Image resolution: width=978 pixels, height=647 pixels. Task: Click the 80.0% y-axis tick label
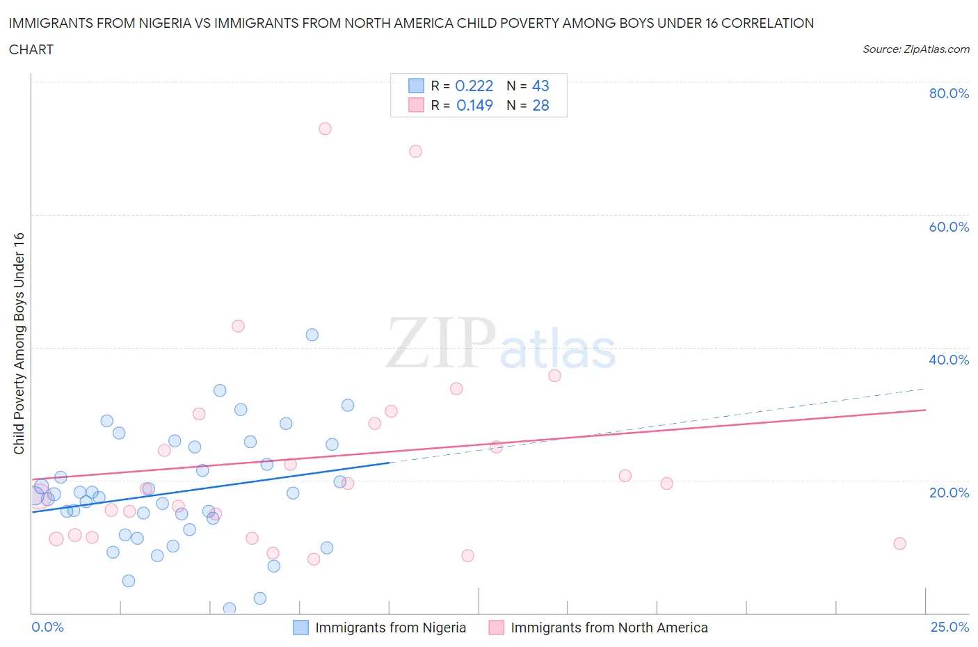(x=949, y=93)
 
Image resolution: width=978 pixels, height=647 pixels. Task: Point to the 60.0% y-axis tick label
(x=949, y=227)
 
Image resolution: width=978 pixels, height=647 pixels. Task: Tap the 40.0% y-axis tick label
(x=949, y=360)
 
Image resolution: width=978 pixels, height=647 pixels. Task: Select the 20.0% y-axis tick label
(x=949, y=493)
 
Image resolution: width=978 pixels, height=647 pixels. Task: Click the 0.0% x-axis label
(x=47, y=627)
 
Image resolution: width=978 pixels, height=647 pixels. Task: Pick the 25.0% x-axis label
(x=949, y=627)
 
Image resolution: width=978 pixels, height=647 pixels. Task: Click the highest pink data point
(x=325, y=129)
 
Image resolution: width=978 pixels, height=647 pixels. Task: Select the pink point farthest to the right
(x=899, y=543)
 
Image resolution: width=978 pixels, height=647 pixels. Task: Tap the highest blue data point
(x=312, y=335)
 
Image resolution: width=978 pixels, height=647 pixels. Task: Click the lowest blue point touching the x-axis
(x=230, y=609)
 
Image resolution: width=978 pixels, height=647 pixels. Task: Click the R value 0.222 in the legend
(x=474, y=86)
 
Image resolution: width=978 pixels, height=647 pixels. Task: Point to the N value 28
(x=540, y=105)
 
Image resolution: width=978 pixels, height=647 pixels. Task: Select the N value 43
(x=540, y=86)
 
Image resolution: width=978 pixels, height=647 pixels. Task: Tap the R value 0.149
(x=474, y=105)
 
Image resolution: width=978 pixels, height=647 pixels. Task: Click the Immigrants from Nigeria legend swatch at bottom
(x=300, y=628)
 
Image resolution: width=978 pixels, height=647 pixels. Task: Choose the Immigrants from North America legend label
(x=609, y=628)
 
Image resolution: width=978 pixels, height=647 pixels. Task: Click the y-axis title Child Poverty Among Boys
(x=19, y=343)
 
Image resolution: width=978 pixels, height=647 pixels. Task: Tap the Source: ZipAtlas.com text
(x=915, y=49)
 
